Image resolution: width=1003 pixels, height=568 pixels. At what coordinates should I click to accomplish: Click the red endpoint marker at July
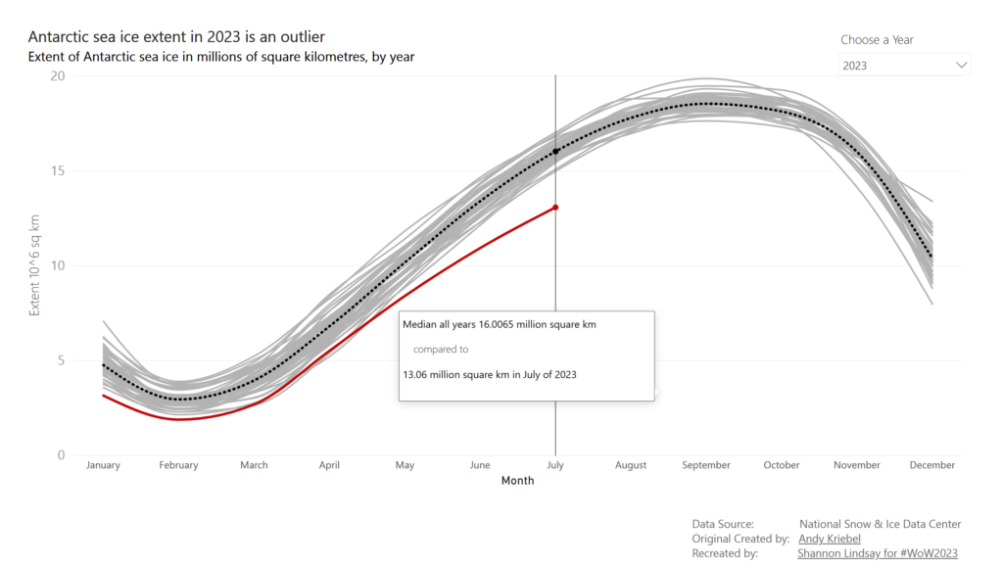[555, 208]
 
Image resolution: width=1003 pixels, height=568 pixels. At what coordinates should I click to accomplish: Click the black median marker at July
[555, 152]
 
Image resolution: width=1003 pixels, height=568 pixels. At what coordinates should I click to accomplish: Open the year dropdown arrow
[961, 66]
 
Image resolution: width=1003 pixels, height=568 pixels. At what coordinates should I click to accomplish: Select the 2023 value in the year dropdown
[855, 66]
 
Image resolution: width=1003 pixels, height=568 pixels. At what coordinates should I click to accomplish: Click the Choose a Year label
[877, 40]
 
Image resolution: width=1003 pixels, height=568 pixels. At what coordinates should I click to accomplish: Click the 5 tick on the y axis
[61, 360]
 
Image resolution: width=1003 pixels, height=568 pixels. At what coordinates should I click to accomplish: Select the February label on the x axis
[178, 465]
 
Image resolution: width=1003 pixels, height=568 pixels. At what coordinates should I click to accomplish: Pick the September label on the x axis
[706, 465]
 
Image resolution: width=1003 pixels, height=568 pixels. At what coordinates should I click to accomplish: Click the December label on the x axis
[932, 465]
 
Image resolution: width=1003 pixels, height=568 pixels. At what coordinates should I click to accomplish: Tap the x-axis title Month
[517, 481]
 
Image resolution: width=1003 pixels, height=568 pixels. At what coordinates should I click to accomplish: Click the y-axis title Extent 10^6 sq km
[34, 265]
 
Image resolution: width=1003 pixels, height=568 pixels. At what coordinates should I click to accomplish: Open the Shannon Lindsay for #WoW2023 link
[878, 553]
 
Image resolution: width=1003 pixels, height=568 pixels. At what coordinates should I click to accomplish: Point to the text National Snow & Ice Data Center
[880, 524]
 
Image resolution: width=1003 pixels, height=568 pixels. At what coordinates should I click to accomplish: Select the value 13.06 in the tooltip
[418, 373]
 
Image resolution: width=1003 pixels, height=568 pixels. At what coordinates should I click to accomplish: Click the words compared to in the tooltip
[440, 349]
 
